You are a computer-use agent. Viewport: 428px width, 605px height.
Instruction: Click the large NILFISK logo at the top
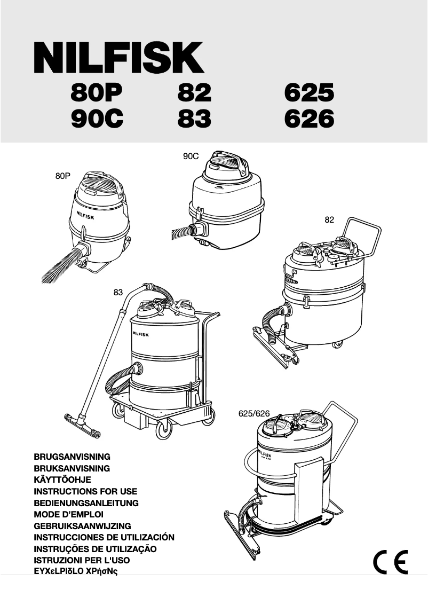click(x=118, y=58)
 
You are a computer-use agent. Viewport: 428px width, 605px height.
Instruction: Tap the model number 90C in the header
click(x=97, y=119)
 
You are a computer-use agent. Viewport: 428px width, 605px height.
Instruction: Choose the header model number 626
click(x=309, y=119)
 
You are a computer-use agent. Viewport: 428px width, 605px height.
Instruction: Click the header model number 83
click(x=194, y=119)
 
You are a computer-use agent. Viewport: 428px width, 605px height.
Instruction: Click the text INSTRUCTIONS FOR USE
click(x=85, y=491)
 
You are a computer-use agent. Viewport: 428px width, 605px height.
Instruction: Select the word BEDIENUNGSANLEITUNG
click(x=86, y=503)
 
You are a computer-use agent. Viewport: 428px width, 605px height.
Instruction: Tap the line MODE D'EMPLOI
click(x=68, y=515)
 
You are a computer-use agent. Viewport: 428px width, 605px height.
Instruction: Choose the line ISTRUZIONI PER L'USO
click(x=82, y=561)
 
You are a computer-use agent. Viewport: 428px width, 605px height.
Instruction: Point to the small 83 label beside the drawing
click(x=118, y=292)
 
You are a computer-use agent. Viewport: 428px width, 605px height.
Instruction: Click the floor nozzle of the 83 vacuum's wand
click(x=82, y=425)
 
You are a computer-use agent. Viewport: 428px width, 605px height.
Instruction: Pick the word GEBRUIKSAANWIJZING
click(x=82, y=526)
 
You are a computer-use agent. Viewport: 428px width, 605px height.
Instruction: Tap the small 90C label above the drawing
click(x=191, y=156)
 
